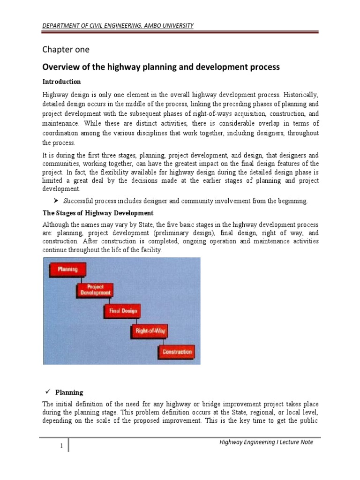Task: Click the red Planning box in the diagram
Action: click(x=67, y=269)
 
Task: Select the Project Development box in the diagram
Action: click(x=95, y=290)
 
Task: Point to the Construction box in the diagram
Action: click(x=177, y=352)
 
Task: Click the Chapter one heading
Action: click(x=66, y=49)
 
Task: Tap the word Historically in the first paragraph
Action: click(x=300, y=94)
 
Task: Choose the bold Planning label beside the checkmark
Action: click(x=69, y=393)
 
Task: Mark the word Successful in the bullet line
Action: click(x=79, y=202)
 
